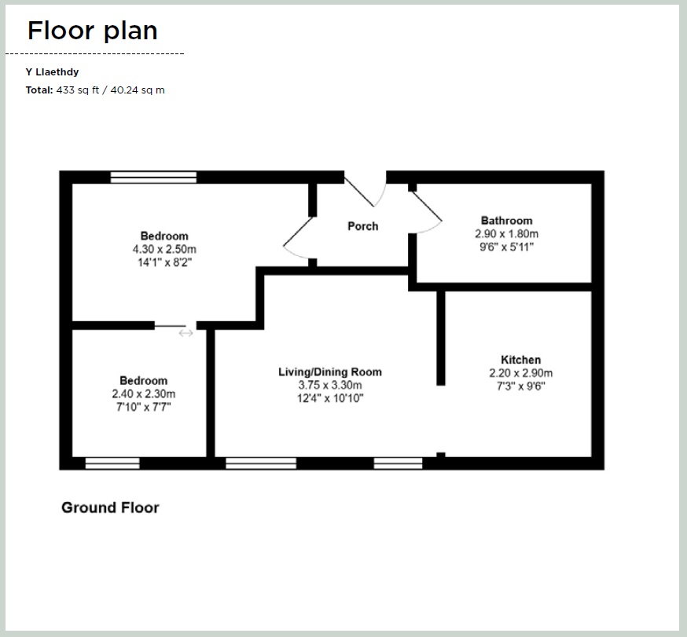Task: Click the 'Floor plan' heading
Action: [x=92, y=31]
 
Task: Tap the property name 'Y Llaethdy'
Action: [x=52, y=72]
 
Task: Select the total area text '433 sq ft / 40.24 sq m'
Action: [x=111, y=90]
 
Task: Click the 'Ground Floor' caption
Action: [x=110, y=507]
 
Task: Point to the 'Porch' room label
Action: [x=362, y=226]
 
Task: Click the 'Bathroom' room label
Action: [x=506, y=221]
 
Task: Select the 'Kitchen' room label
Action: [x=520, y=360]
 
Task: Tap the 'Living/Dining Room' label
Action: [x=330, y=372]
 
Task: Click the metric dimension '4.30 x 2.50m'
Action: [x=164, y=249]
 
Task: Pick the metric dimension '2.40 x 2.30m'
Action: [x=144, y=394]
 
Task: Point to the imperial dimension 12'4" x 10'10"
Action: [x=330, y=398]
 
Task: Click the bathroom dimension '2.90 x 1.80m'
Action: [x=506, y=234]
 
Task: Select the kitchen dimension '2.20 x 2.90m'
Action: [x=520, y=373]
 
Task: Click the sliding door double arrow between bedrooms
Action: [x=186, y=333]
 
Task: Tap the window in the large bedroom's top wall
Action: [x=153, y=177]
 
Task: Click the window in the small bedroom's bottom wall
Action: [x=112, y=463]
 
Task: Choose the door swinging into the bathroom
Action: [x=428, y=211]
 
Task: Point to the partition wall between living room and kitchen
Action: [x=441, y=338]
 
